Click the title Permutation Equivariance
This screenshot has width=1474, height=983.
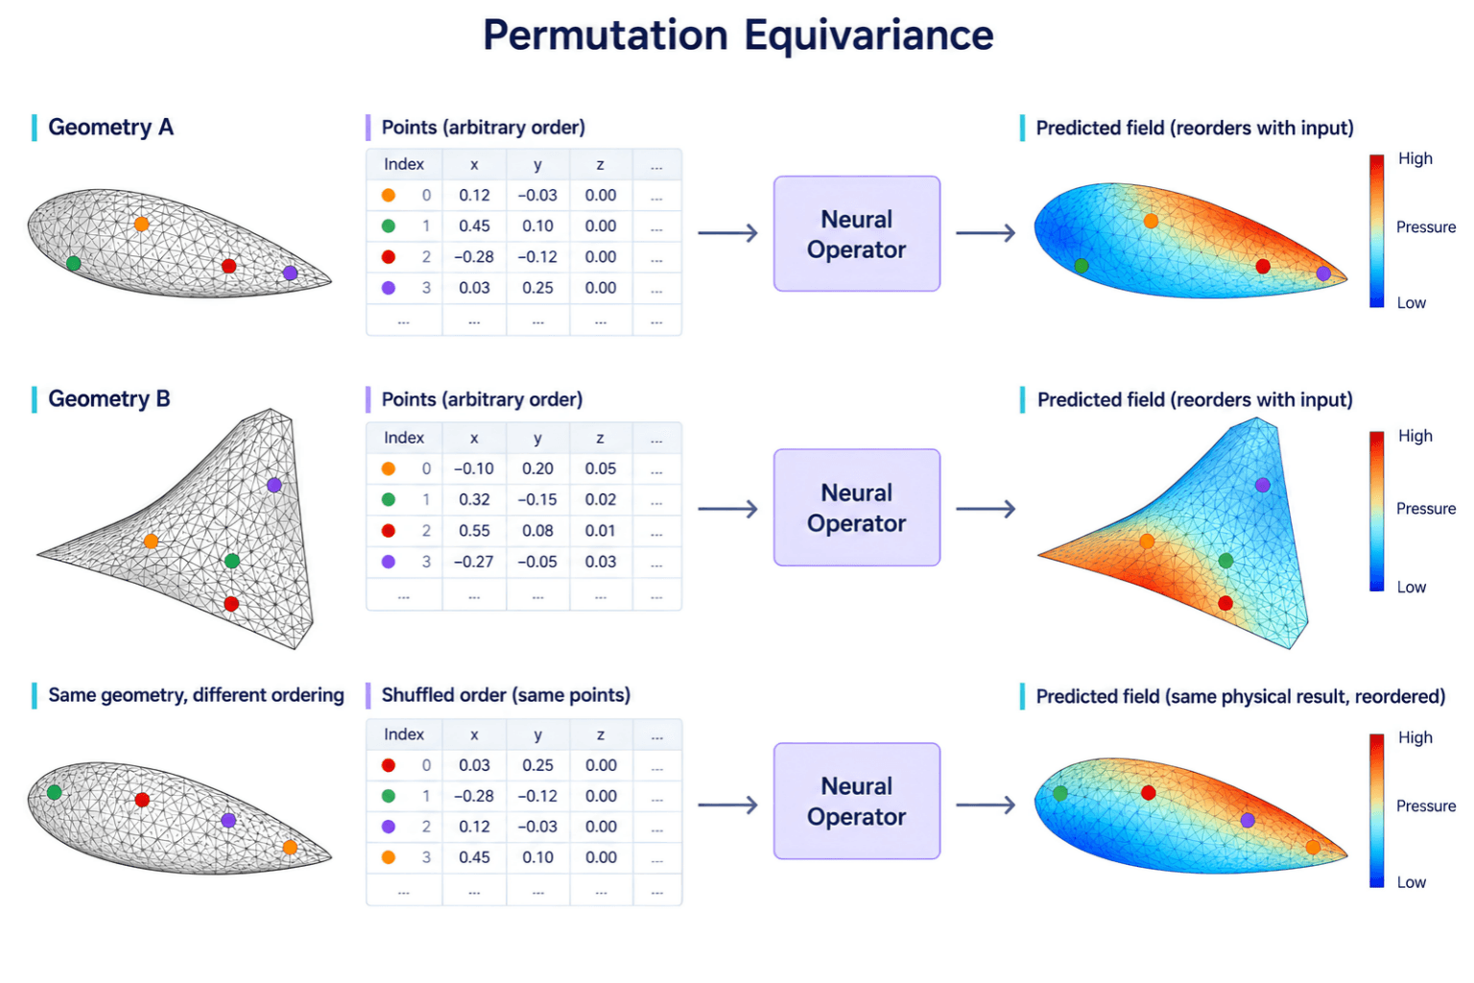(738, 35)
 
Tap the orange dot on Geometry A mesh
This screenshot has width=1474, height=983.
(141, 224)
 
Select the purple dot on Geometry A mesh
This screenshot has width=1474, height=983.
(290, 273)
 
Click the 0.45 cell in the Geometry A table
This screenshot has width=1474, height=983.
(474, 226)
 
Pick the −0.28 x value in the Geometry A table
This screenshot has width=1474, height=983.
(474, 256)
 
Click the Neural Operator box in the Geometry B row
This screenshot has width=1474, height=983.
(857, 508)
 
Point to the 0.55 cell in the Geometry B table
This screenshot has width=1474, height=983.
(474, 531)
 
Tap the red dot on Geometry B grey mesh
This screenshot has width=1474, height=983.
(231, 604)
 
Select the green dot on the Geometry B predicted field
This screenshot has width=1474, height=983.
(1225, 561)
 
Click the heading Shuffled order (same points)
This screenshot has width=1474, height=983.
(506, 695)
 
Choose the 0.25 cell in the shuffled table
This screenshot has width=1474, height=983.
(537, 765)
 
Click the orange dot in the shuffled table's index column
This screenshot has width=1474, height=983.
(389, 857)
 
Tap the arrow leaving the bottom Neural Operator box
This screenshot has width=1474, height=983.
(986, 804)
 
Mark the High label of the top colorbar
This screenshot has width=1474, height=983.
(1415, 158)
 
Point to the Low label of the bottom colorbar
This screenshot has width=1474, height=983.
(1412, 882)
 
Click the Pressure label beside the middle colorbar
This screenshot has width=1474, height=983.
(1426, 508)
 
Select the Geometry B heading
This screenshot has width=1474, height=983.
(109, 399)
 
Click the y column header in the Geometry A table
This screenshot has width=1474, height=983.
(537, 164)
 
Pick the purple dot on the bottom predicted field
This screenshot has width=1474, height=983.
(1248, 820)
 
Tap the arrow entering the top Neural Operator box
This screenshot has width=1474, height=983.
(727, 232)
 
